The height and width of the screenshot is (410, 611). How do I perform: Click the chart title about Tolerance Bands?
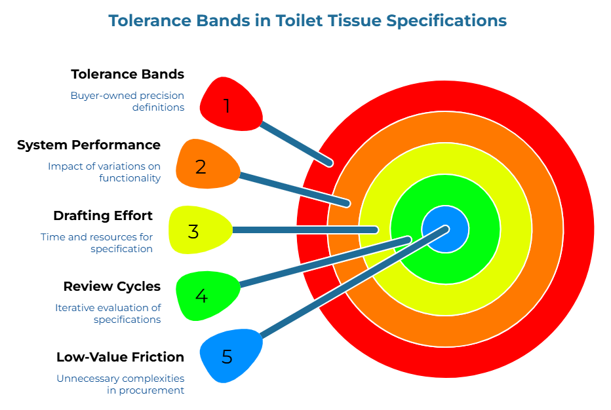coord(307,21)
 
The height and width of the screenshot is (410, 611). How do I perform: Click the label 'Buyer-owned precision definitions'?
coord(127,101)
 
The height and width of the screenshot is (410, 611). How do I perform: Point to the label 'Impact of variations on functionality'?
coord(104,172)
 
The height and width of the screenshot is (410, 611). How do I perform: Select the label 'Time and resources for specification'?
coord(96,242)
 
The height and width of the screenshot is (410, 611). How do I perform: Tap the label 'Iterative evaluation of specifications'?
coord(108,313)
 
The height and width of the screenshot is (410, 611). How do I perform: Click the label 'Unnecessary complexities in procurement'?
coord(120,384)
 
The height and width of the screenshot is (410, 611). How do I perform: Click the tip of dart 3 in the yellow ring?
coord(374,230)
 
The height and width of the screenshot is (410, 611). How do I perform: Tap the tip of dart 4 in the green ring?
coord(407,240)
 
